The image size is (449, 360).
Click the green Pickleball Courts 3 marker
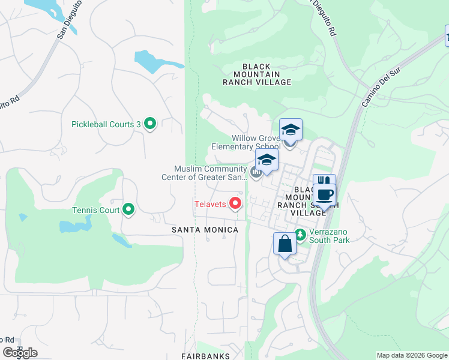pos(150,124)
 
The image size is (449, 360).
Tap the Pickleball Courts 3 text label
pos(105,124)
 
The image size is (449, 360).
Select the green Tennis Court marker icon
pos(128,210)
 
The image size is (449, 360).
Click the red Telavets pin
pos(235,204)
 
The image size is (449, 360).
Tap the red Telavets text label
pos(209,204)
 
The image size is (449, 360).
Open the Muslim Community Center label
pos(204,173)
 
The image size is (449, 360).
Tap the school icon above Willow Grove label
pos(291,130)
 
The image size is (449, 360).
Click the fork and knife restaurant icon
pos(324,182)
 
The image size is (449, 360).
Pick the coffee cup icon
pos(325,194)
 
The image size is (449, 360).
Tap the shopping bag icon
pos(285,244)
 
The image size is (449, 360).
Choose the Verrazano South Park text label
pos(329,235)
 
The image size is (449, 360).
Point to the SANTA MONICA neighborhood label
pos(205,230)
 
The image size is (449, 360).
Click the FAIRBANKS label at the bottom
pos(206,356)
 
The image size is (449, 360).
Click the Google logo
pos(20,353)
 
